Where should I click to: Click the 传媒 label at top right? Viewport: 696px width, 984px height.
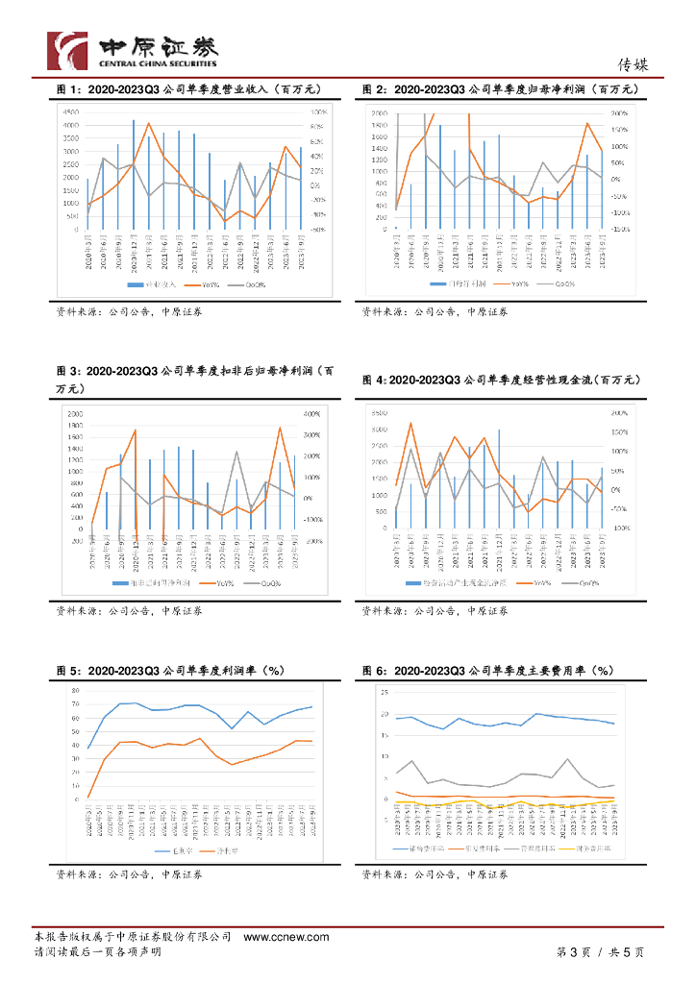634,65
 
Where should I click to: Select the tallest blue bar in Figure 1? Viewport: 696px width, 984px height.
134,173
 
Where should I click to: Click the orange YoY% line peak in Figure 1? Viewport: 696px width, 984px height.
148,123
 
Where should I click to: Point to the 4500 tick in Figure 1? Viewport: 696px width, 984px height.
71,112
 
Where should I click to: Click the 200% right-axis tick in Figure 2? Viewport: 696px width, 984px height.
619,112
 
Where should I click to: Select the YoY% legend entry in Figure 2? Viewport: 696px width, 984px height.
517,285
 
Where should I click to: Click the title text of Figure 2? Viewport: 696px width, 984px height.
500,89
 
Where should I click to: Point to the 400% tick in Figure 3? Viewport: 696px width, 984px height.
312,414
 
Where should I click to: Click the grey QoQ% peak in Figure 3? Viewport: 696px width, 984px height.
236,452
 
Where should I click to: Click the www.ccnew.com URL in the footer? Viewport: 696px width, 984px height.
274,936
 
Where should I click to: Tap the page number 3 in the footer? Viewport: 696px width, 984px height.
573,952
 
